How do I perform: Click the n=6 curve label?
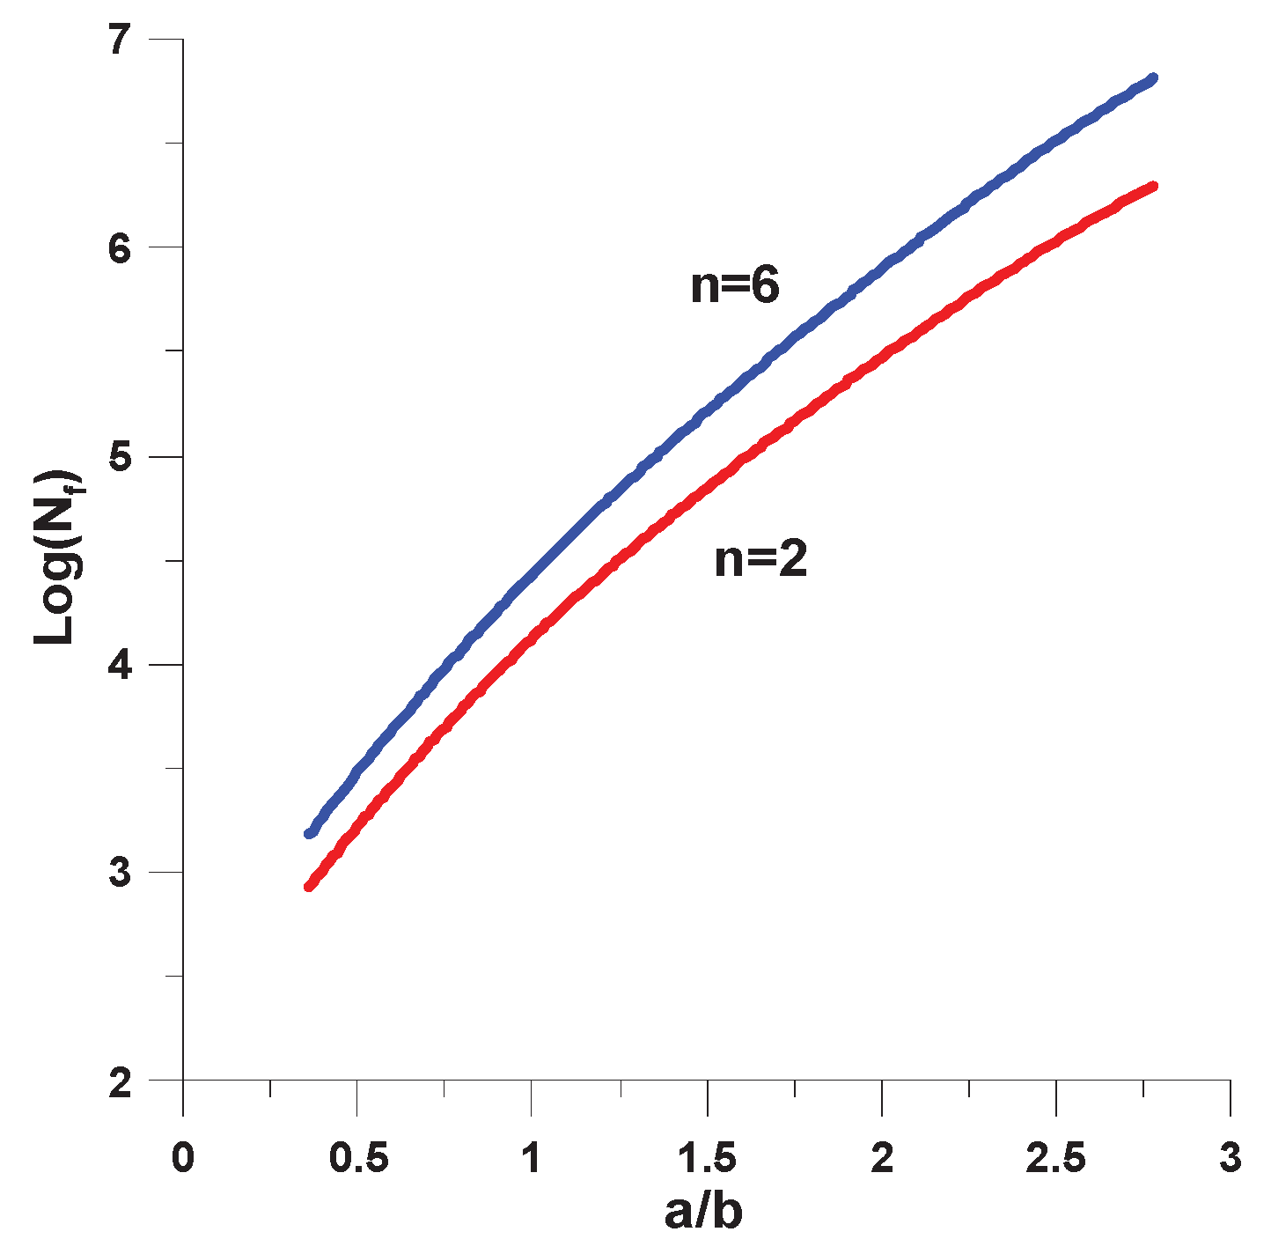tap(735, 286)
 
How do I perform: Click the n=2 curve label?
tap(760, 559)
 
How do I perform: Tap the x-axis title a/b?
tap(703, 1213)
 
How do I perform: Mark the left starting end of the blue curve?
tap(309, 833)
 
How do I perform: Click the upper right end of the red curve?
tap(1152, 187)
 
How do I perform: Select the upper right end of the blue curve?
tap(1152, 78)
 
